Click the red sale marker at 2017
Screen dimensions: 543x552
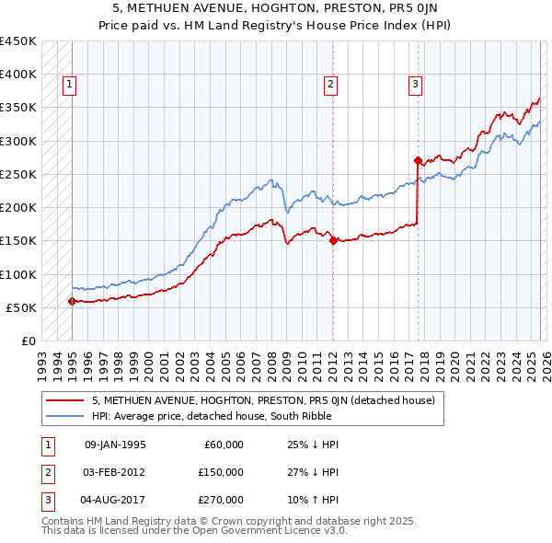(418, 160)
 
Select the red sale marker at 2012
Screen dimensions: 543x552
(332, 241)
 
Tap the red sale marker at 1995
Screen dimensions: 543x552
(72, 301)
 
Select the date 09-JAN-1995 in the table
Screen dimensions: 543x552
(115, 445)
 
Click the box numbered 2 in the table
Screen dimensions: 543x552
(47, 471)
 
